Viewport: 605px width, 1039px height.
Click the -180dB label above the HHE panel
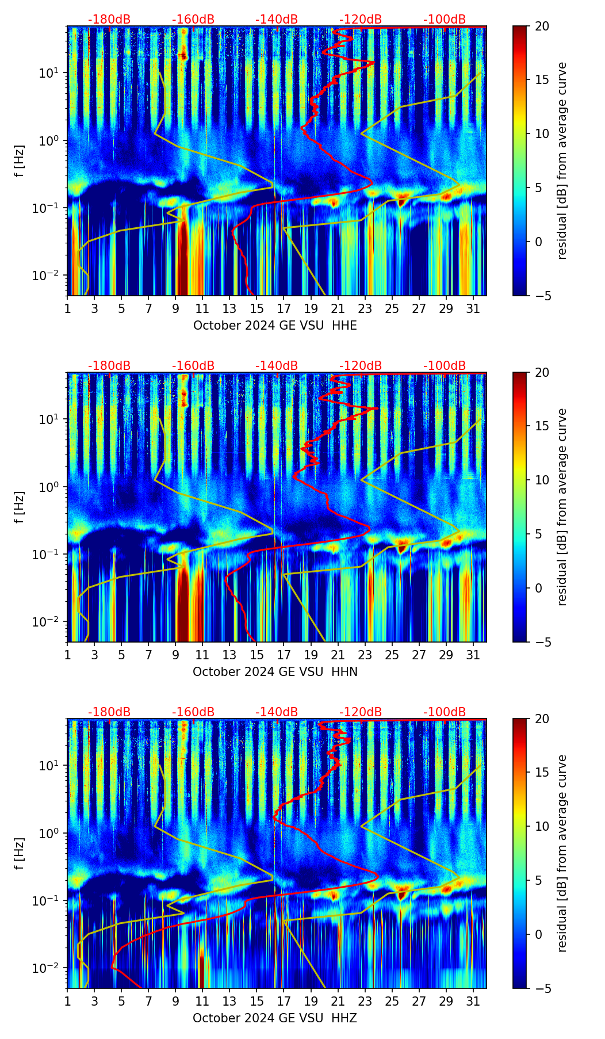coord(109,20)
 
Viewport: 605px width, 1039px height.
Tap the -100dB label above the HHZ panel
coord(445,712)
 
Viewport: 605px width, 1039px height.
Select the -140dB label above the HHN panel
coord(277,366)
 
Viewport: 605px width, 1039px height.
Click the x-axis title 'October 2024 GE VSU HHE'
coord(275,326)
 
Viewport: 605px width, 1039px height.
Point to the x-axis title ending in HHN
coord(275,672)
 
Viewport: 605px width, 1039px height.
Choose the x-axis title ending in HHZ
coord(275,1018)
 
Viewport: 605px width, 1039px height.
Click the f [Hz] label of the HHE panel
coord(20,161)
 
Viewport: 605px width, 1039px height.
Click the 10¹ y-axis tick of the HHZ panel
coord(46,766)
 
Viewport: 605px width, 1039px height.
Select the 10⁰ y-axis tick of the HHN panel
coord(46,487)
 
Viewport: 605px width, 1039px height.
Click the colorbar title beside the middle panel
coord(562,507)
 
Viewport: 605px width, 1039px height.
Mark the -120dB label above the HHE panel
coord(361,20)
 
